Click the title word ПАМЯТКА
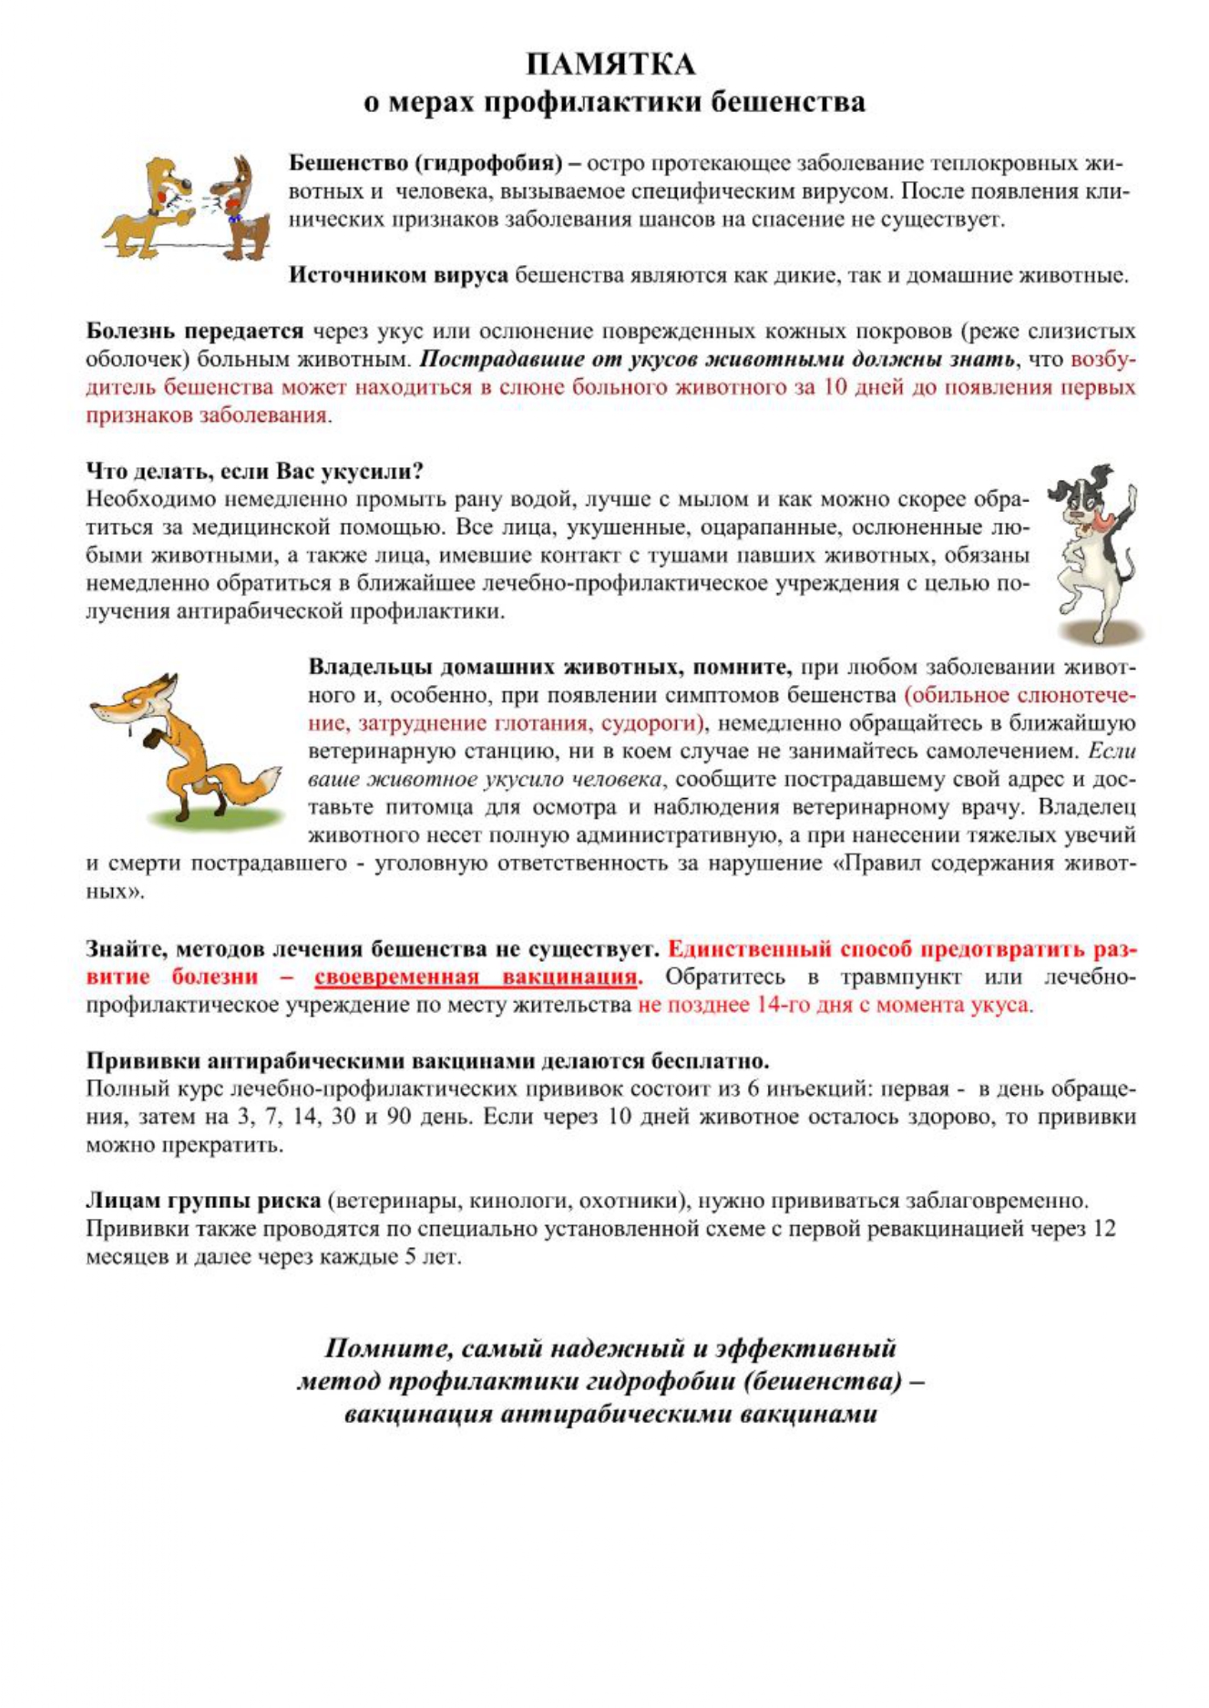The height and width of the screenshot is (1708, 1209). (x=610, y=65)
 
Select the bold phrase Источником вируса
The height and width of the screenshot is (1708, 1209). (x=398, y=275)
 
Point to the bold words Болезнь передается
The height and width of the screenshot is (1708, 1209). (x=194, y=331)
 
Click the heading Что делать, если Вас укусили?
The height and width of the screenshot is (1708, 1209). (x=254, y=471)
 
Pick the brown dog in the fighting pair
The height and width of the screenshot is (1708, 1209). (x=244, y=208)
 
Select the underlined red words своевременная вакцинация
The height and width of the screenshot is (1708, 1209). (x=476, y=977)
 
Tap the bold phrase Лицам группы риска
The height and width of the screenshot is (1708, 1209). (x=203, y=1201)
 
